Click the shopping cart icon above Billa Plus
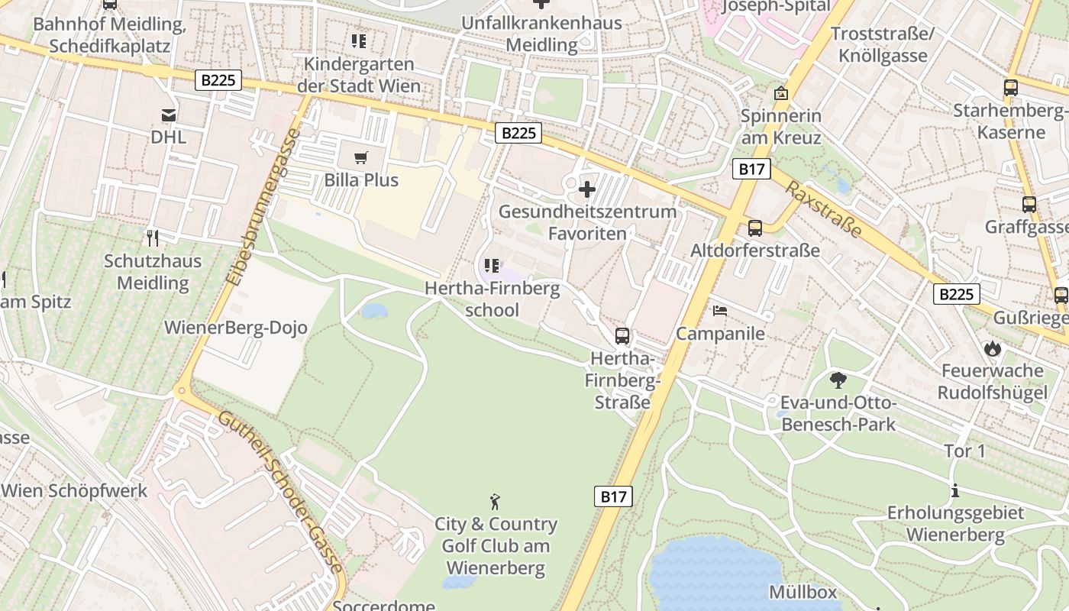[x=361, y=158]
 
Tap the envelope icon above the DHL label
[x=169, y=115]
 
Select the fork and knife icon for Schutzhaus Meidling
[x=153, y=238]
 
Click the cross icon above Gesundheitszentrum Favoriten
[x=587, y=189]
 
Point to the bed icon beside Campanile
[x=720, y=311]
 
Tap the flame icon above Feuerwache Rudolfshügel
[x=992, y=349]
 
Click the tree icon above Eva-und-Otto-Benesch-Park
[x=838, y=380]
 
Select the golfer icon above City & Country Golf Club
[x=496, y=502]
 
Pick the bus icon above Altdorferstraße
[x=755, y=228]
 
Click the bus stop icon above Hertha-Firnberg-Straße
[x=622, y=335]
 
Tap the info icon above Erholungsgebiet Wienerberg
[x=954, y=490]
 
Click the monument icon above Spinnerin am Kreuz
[x=780, y=93]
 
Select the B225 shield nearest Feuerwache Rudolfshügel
[x=956, y=294]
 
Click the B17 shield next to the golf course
[x=613, y=496]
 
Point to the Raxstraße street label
[x=823, y=209]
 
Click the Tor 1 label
[x=964, y=451]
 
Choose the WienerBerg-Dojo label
[x=236, y=328]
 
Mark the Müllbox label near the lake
[x=803, y=592]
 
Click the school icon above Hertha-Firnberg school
[x=492, y=266]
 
